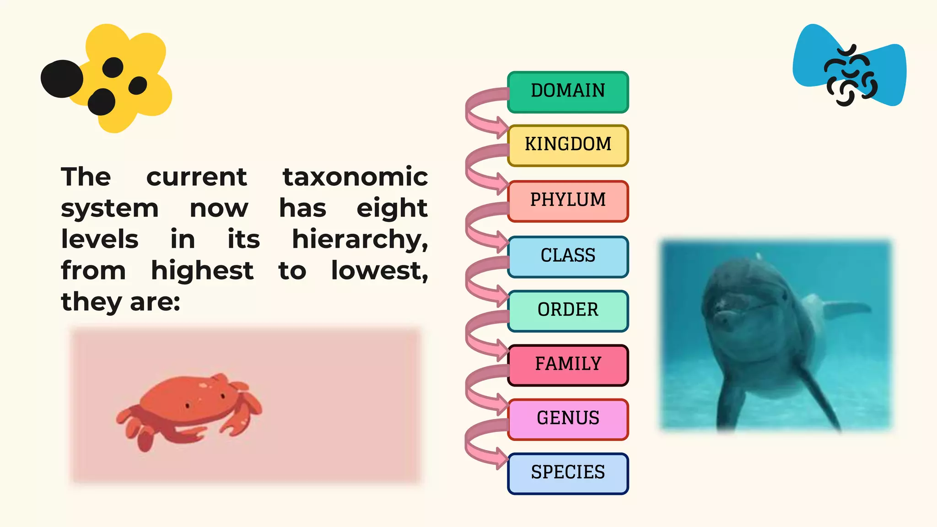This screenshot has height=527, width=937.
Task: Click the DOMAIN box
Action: coord(568,92)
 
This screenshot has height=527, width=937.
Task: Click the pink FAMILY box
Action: coord(568,365)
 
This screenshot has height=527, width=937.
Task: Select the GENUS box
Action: coord(568,419)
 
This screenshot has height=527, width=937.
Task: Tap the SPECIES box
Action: coord(568,473)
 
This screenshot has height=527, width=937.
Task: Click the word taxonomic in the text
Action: coord(355,177)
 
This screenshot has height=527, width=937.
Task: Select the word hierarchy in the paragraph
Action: coord(360,240)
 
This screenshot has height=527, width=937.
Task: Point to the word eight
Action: coord(392,209)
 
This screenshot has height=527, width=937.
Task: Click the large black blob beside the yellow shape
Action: coord(62,79)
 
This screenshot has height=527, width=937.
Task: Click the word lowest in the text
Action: coord(379,271)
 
